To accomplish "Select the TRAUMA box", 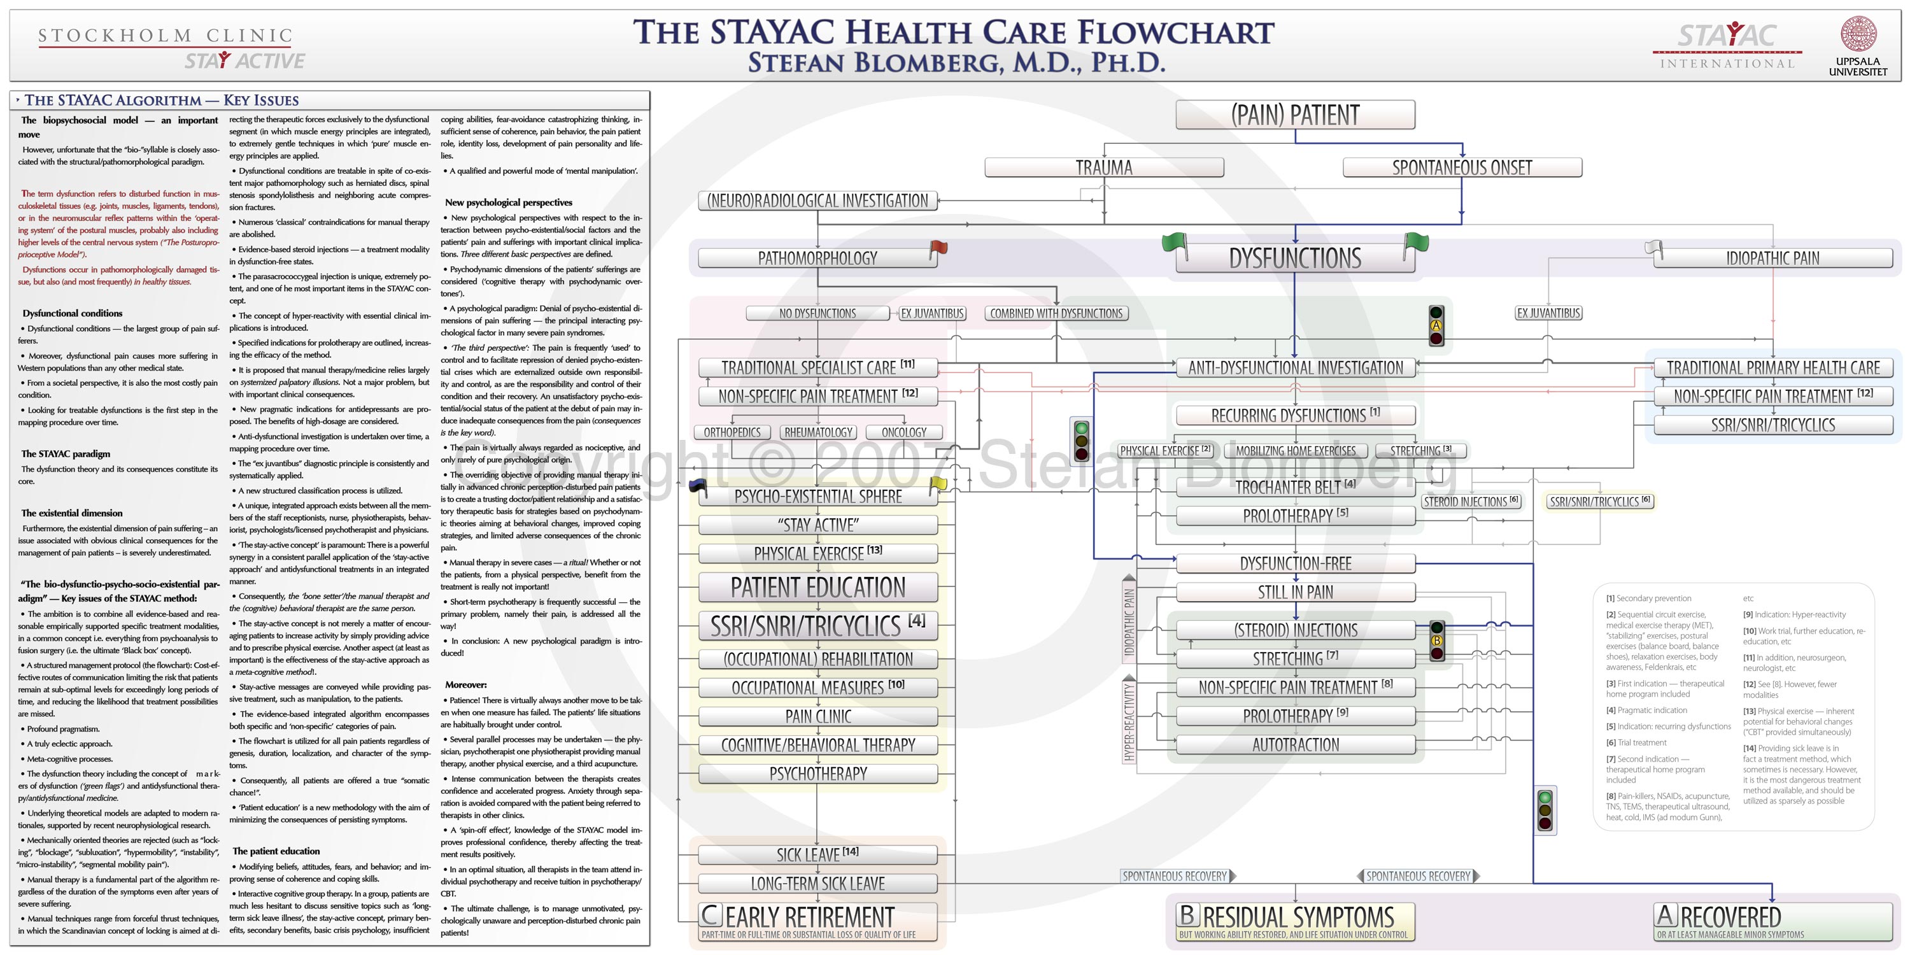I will coord(1103,167).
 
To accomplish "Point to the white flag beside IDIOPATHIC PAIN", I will coord(1653,249).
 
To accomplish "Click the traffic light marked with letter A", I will coord(1436,325).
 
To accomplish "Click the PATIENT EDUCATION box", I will coord(818,587).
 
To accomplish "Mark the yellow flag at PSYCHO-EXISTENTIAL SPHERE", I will coord(938,486).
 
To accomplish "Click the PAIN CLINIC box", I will coord(818,716).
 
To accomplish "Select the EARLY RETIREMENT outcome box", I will coord(818,921).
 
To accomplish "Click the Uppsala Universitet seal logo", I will coord(1858,34).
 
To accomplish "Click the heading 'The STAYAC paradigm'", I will coord(66,454).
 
